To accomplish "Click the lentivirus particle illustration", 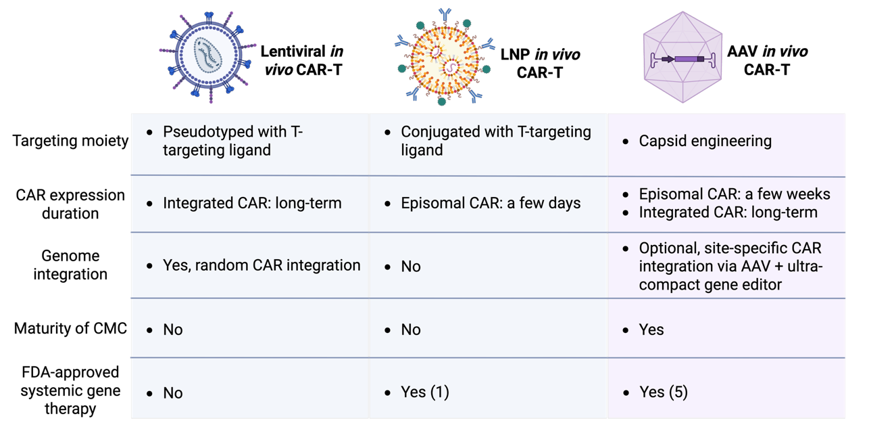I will (x=208, y=55).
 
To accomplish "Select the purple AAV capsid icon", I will (x=682, y=58).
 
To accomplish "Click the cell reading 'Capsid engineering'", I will (x=705, y=141).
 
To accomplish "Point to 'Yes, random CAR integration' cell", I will (x=262, y=265).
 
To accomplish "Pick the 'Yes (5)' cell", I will (x=663, y=392).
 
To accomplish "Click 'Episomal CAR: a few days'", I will (x=490, y=203).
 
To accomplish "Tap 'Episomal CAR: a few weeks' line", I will (x=735, y=194).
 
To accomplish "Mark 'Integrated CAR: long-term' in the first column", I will (x=252, y=203).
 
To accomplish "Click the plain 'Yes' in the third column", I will (x=651, y=330).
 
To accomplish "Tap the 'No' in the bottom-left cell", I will (x=173, y=393).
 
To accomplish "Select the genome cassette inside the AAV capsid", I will (x=682, y=60).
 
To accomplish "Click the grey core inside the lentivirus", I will (x=208, y=55).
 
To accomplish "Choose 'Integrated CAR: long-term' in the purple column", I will (x=728, y=212).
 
